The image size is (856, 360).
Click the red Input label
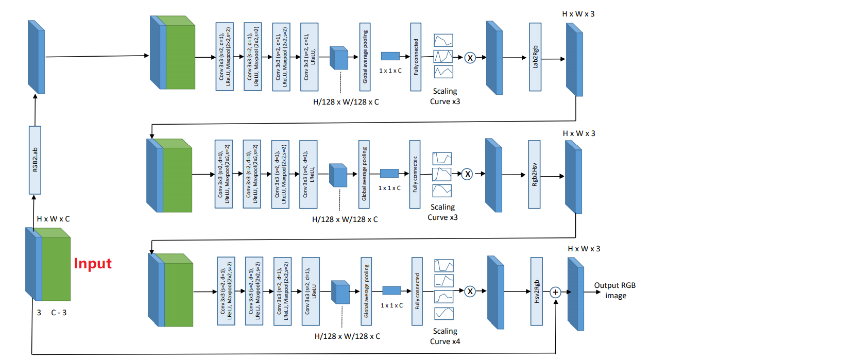pos(93,264)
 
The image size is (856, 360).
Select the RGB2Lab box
pos(35,160)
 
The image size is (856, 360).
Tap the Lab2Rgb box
pos(535,57)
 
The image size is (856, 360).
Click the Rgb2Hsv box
pos(535,174)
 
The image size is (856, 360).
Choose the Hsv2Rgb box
pos(537,292)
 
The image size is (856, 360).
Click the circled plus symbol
pos(555,292)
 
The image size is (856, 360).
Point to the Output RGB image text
pos(615,290)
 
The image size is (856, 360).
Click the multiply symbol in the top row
pos(470,58)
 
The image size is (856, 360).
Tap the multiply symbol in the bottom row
pos(470,292)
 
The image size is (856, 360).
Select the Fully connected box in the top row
pos(416,57)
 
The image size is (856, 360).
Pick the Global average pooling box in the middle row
pos(364,174)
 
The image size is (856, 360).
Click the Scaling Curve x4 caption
pos(445,336)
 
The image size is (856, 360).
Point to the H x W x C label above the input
pos(53,219)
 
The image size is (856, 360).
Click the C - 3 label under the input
pos(59,313)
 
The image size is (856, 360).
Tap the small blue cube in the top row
pos(339,58)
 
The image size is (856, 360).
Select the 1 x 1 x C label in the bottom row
pos(391,305)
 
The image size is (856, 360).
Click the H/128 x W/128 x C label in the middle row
pos(345,219)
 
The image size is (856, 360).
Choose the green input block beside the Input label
pos(56,268)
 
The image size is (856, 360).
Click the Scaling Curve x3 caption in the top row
pos(445,96)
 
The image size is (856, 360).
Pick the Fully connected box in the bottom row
pos(417,292)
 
